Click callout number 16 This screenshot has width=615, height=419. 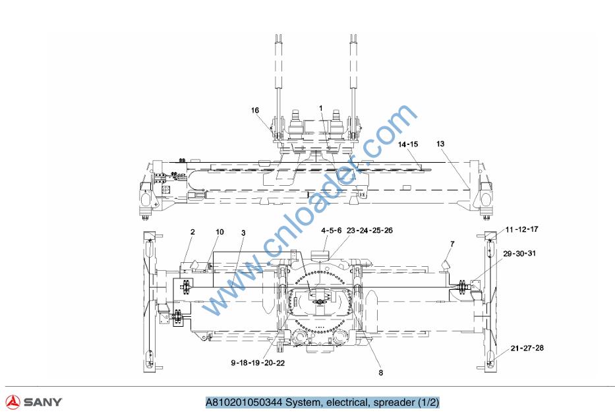255,110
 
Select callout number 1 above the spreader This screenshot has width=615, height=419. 321,108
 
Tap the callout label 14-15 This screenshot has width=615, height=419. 408,144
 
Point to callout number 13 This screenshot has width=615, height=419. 440,144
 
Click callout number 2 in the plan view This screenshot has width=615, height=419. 192,232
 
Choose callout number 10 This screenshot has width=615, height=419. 220,232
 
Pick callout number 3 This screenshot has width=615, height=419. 243,233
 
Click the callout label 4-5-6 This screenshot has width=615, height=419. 332,231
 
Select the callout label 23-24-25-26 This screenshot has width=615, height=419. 370,231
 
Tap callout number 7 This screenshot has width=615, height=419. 452,244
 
